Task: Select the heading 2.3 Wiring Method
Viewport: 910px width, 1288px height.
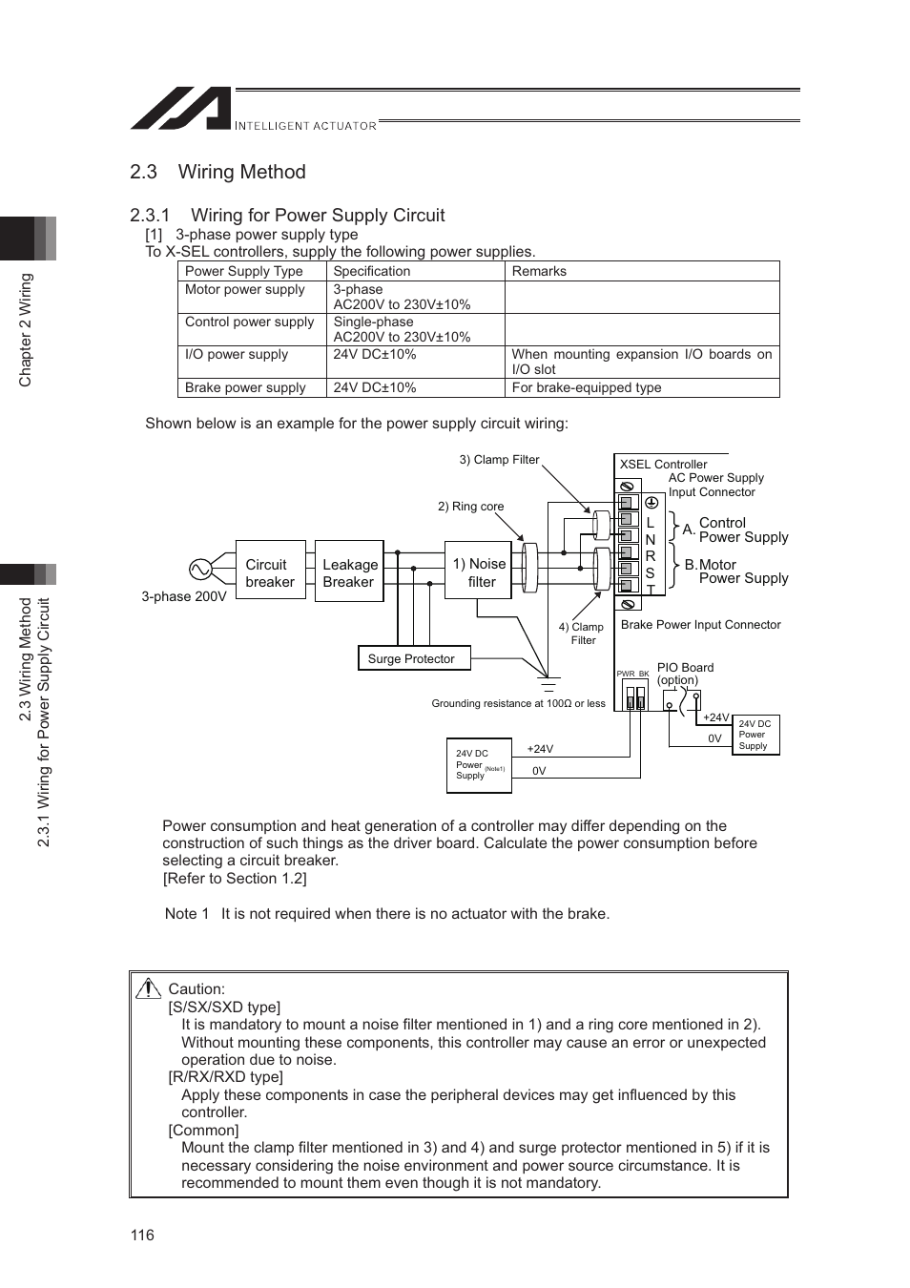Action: pos(217,172)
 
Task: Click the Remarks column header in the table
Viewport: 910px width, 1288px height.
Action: pos(539,271)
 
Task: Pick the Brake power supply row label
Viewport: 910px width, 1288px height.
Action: pos(245,387)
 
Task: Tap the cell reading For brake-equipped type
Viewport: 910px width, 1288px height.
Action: pos(587,387)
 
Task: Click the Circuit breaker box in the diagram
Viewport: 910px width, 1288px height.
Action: pos(270,572)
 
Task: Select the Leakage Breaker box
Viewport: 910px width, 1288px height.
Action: pos(349,572)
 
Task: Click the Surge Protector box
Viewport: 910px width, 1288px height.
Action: pos(411,658)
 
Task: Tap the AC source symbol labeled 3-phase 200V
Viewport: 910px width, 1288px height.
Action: pos(200,570)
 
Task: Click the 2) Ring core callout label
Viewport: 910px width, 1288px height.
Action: pos(470,507)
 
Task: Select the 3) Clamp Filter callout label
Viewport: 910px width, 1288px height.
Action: pos(499,460)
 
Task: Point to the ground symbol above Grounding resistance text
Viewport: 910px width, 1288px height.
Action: pos(548,683)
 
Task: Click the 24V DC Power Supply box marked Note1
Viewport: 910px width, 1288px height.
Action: pos(479,765)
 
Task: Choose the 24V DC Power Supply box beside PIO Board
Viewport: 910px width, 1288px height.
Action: pos(755,735)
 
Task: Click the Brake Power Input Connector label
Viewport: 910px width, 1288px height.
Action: pos(700,625)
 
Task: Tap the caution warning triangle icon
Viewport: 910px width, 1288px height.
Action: pos(148,988)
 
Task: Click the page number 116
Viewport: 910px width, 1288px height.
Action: pos(142,1235)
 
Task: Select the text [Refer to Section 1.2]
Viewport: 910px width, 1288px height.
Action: pos(235,879)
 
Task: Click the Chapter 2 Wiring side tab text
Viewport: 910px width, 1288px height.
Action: pos(26,330)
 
